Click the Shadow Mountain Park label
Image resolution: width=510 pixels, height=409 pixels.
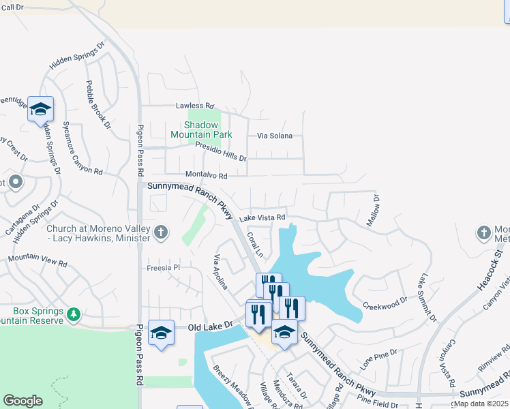[x=208, y=130]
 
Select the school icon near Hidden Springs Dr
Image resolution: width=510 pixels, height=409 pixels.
[x=40, y=109]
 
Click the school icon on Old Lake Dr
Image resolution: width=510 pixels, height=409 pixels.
[x=161, y=332]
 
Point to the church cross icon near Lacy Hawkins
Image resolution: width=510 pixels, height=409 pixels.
[x=160, y=232]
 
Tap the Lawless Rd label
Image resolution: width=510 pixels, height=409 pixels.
[x=195, y=106]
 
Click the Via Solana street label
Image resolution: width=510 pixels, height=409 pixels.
[x=274, y=136]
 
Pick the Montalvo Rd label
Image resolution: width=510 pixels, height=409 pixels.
[x=206, y=175]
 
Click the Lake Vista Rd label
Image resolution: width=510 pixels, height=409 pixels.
[x=262, y=217]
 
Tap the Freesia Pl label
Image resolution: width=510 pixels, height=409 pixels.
[x=162, y=268]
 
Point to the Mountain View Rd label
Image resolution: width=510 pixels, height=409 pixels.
[x=37, y=260]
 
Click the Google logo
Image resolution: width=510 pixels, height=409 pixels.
[x=22, y=401]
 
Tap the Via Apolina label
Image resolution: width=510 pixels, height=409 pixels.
[x=221, y=273]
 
